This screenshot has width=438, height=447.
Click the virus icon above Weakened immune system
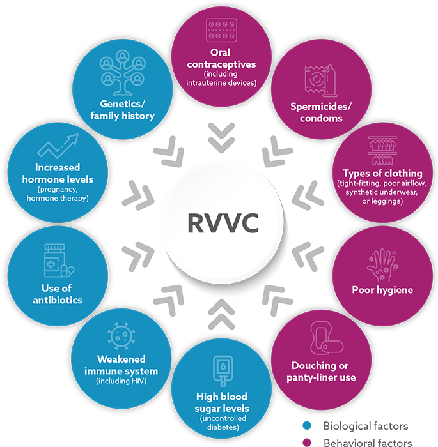click(x=121, y=336)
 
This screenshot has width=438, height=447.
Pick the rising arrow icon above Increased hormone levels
click(x=58, y=148)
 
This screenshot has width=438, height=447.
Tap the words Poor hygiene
click(x=382, y=290)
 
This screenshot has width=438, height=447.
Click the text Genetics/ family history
click(x=122, y=110)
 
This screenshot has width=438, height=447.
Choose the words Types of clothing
click(x=382, y=173)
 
